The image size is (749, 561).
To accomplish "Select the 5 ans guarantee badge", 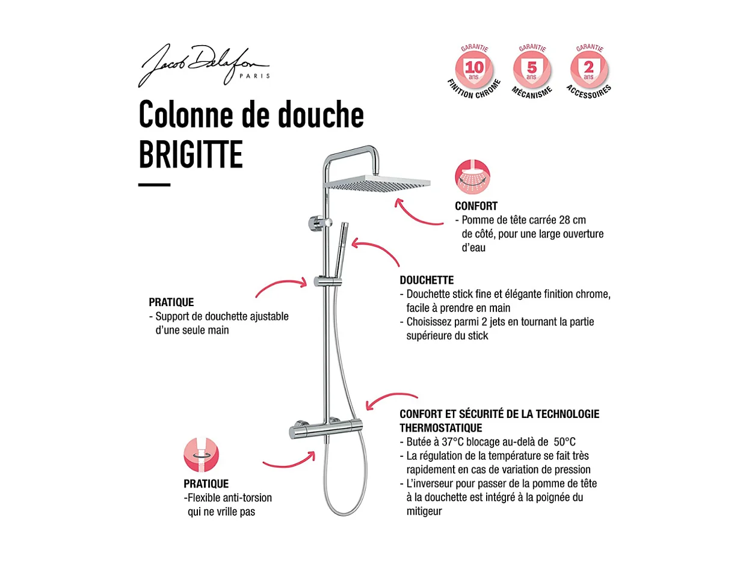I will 531,67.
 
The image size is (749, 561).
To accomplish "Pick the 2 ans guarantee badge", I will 588,67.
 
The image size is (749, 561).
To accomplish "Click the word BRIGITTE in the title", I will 191,154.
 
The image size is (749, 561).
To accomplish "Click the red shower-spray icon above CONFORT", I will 472,177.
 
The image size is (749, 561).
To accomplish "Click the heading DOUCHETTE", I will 427,280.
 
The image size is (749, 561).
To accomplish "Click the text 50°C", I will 565,442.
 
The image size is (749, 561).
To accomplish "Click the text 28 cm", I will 571,220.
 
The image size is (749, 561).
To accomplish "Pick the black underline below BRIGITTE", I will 154,185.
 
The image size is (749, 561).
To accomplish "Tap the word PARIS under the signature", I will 256,76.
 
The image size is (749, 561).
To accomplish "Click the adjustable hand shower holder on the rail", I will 327,281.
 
